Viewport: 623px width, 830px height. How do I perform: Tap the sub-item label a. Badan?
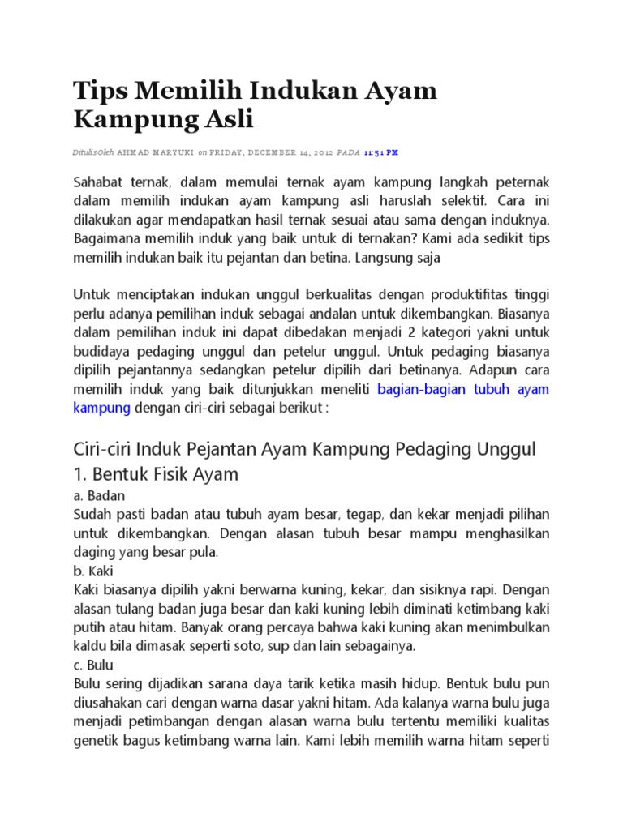coord(99,495)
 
